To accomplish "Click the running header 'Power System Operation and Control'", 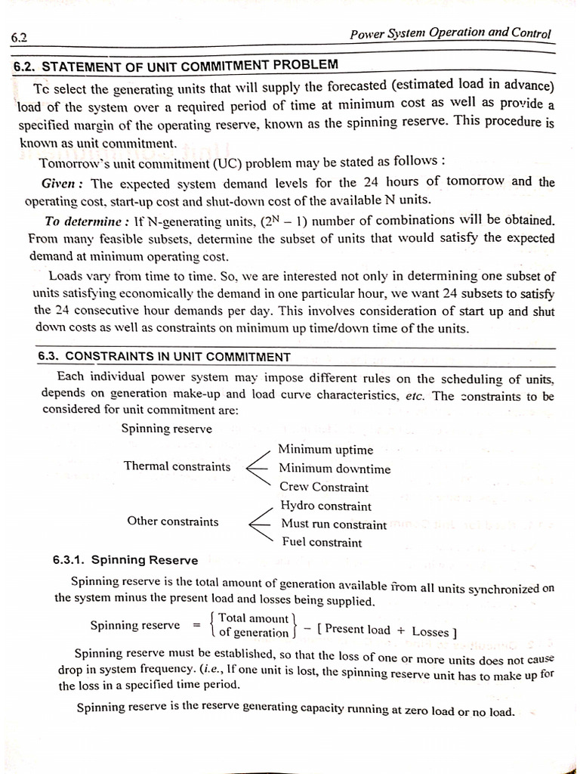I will [451, 33].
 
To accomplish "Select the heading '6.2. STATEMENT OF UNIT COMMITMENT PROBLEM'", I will [176, 66].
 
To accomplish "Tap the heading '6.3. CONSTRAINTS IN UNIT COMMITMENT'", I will [164, 357].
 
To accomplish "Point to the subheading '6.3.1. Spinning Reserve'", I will [125, 561].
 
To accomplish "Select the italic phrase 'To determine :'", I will [87, 221].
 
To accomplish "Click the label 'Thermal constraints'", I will [177, 466].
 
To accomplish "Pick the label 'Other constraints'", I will [173, 522].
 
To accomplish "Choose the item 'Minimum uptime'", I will [325, 450].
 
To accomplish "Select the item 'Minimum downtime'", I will [335, 469].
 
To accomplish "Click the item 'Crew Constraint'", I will [324, 488].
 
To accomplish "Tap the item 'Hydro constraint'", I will [325, 506].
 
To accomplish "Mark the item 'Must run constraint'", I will [333, 524].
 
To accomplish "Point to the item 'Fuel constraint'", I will [321, 542].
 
